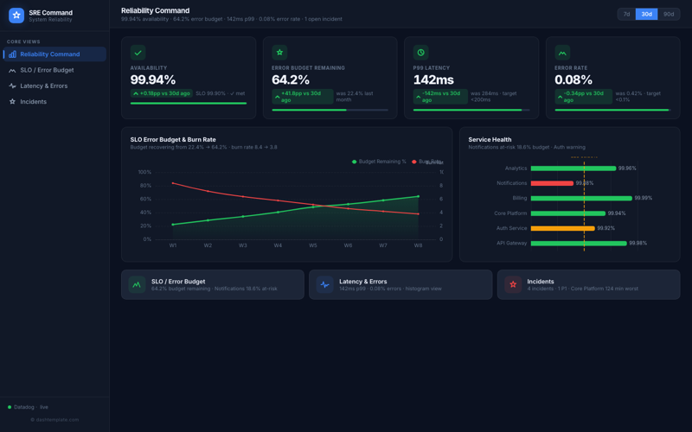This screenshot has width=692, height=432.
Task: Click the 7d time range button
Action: pyautogui.click(x=626, y=14)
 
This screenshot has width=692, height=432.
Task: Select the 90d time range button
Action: pyautogui.click(x=669, y=14)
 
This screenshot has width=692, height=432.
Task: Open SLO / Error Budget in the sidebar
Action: pyautogui.click(x=47, y=70)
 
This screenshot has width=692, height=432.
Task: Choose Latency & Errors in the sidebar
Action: pyautogui.click(x=43, y=86)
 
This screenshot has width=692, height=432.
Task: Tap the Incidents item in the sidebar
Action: pyautogui.click(x=33, y=101)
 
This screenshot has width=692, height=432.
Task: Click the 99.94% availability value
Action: pyautogui.click(x=153, y=79)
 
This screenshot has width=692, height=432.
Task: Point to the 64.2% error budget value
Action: pyautogui.click(x=291, y=79)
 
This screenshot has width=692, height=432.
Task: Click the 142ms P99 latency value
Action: pyautogui.click(x=433, y=79)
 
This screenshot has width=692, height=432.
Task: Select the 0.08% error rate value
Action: pyautogui.click(x=573, y=79)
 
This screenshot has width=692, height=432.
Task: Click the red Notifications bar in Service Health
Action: pyautogui.click(x=552, y=183)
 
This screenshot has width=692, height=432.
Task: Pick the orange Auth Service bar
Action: pyautogui.click(x=562, y=228)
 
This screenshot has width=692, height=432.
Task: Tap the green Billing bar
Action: pyautogui.click(x=581, y=198)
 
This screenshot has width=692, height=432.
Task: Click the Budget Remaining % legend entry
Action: pyautogui.click(x=379, y=162)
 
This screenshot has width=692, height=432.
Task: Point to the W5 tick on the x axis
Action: pyautogui.click(x=313, y=245)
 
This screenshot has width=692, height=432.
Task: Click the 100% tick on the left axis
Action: pyautogui.click(x=144, y=172)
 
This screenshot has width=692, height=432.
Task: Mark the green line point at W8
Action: pyautogui.click(x=419, y=196)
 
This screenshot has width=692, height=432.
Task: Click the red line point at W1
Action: pyautogui.click(x=173, y=183)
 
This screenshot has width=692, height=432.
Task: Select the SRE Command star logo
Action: pyautogui.click(x=16, y=15)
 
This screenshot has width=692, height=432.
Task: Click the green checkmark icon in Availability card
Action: pyautogui.click(x=138, y=53)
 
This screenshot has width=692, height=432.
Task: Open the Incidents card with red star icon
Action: pyautogui.click(x=588, y=284)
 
